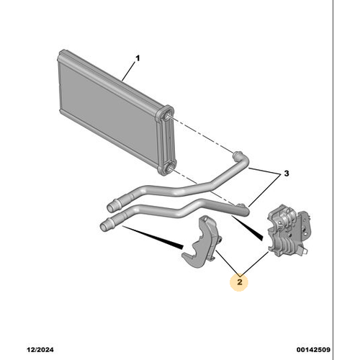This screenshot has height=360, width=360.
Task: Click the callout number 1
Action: click(138, 58)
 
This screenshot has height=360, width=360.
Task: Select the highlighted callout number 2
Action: click(240, 282)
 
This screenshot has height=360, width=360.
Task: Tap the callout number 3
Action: click(287, 174)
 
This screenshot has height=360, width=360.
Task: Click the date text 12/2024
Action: click(40, 350)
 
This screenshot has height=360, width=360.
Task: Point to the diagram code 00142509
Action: click(313, 350)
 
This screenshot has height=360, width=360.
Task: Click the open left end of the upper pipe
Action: click(111, 207)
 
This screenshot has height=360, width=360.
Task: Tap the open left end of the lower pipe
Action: click(104, 226)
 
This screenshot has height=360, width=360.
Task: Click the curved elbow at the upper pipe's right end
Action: click(240, 159)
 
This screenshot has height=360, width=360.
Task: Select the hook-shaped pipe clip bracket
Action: click(203, 243)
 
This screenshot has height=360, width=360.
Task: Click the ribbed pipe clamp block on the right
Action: click(289, 230)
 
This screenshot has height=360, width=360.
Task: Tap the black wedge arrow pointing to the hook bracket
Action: click(153, 237)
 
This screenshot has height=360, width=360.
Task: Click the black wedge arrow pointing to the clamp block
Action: click(247, 228)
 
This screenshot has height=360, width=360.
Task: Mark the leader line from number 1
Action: click(128, 71)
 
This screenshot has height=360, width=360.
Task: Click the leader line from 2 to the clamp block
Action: click(255, 263)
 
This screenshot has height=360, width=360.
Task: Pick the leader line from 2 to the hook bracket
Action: click(227, 262)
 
